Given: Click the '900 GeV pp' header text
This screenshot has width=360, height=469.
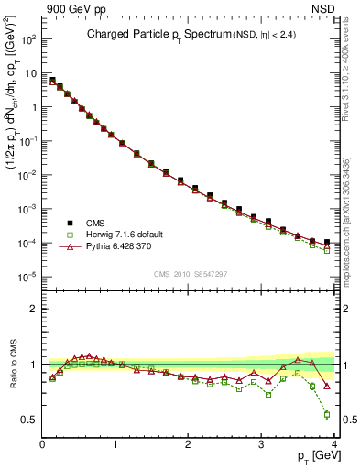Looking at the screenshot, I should click(x=72, y=8).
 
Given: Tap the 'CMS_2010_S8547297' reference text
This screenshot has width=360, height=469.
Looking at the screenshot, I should click(x=191, y=273).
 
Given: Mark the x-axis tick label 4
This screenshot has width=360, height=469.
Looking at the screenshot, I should click(x=334, y=444).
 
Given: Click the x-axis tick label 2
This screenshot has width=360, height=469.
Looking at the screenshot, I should click(x=189, y=444).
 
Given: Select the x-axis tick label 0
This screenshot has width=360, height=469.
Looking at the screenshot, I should click(x=43, y=444).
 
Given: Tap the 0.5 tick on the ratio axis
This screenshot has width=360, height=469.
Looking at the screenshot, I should click(x=30, y=420).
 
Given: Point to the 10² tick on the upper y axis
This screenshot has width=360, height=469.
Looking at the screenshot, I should click(x=28, y=40).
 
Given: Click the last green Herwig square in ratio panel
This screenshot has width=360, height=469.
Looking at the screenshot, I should click(x=327, y=414).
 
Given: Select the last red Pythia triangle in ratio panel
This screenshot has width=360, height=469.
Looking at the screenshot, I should click(x=327, y=386).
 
